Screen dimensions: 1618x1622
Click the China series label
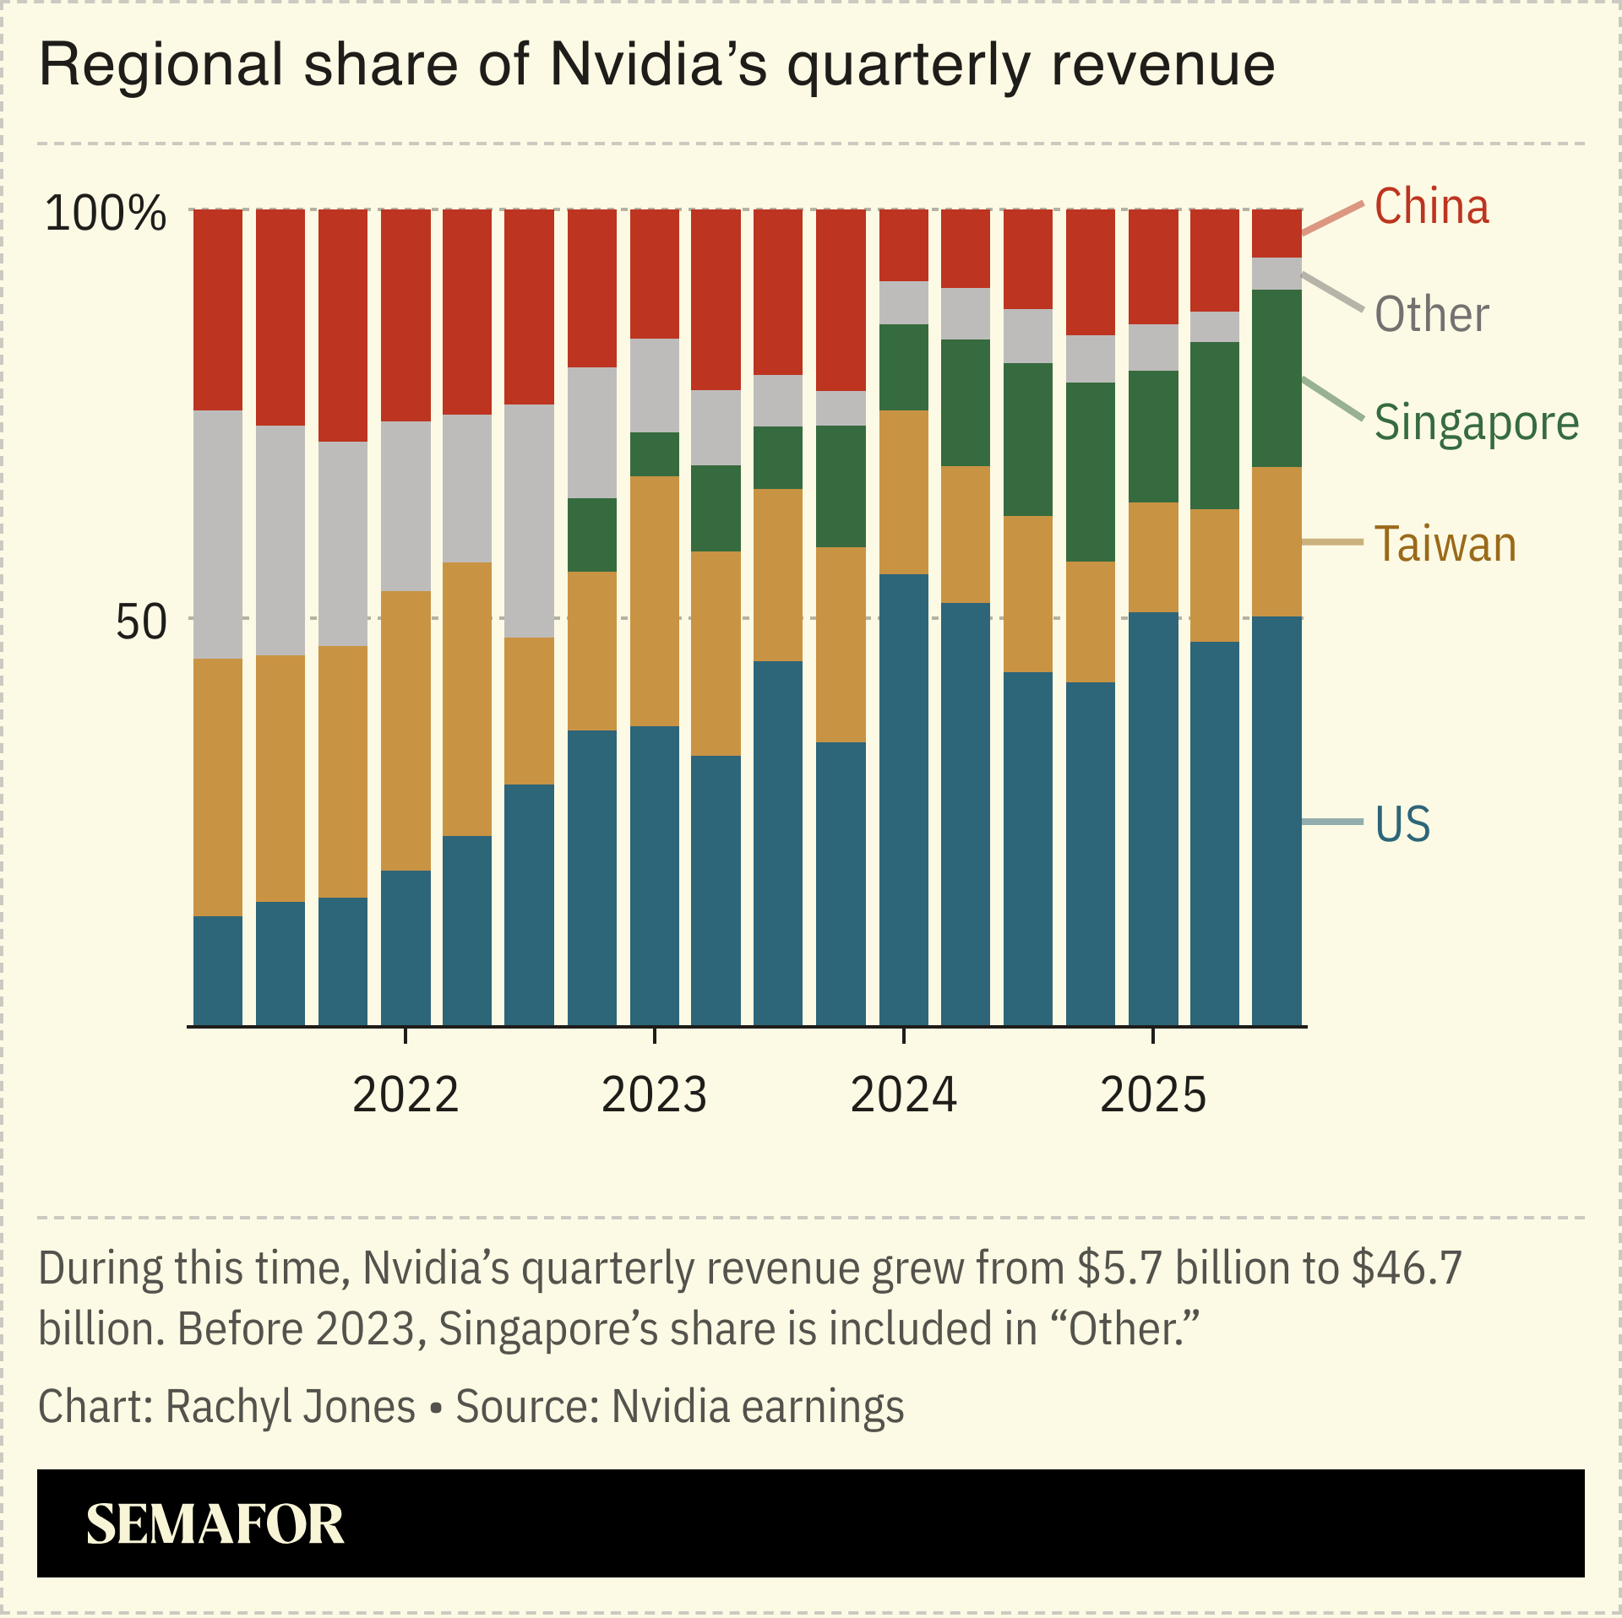(1431, 207)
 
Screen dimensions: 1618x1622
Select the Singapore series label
(1476, 422)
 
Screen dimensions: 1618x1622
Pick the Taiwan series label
(1445, 544)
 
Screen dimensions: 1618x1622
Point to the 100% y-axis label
(106, 213)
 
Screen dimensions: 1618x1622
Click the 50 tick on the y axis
(141, 623)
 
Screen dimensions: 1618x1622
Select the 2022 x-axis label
(405, 1095)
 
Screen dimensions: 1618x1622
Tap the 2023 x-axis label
(654, 1095)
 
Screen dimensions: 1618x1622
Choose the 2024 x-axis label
(903, 1095)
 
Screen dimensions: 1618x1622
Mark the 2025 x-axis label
(1153, 1095)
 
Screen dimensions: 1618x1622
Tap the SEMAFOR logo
(215, 1524)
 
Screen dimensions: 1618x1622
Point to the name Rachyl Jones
(290, 1407)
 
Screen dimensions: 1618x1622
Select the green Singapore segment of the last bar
(1276, 377)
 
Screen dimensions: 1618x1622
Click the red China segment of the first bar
(218, 309)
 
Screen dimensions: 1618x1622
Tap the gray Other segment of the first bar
(218, 534)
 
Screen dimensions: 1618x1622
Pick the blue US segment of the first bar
(218, 971)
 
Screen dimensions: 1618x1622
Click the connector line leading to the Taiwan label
(1332, 542)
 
